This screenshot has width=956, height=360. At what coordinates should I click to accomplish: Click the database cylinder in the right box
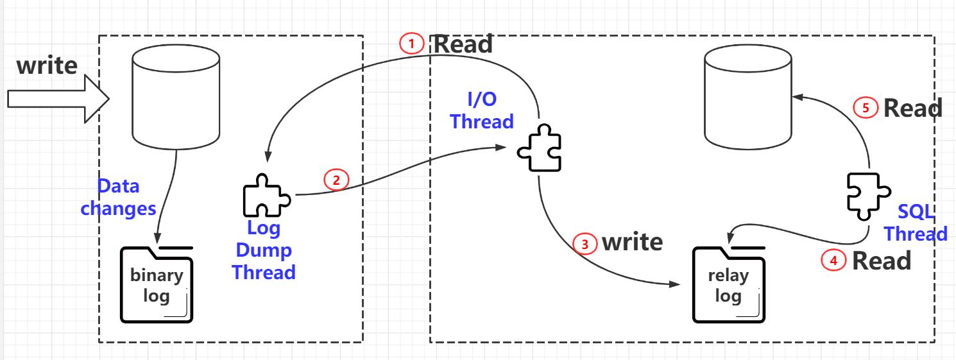point(747,99)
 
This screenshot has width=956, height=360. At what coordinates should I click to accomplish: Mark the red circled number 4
point(834,261)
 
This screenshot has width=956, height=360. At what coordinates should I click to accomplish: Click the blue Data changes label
point(118,198)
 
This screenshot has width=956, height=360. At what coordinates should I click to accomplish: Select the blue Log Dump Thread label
point(264,250)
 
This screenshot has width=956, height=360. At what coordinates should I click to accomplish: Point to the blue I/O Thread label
point(482,110)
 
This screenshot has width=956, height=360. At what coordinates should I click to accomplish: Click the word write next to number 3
point(631,242)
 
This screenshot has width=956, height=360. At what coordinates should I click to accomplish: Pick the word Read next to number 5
point(912,108)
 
